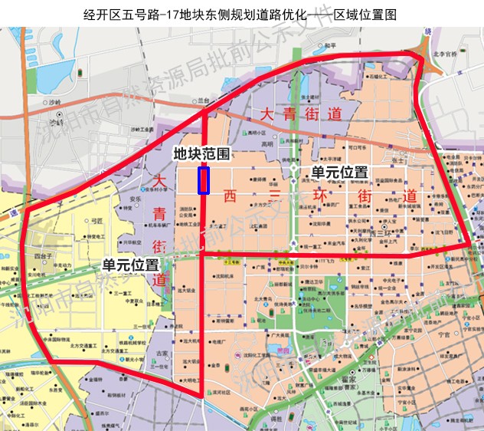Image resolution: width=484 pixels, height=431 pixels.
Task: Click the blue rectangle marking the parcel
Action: [204, 180]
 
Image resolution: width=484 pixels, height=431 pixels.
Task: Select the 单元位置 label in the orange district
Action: [339, 173]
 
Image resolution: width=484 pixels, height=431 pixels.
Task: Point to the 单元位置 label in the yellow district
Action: [131, 264]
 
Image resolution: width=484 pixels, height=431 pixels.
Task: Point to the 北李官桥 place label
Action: [445, 54]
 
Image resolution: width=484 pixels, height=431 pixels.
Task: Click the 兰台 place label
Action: [203, 100]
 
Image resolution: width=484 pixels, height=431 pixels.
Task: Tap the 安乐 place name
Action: [135, 199]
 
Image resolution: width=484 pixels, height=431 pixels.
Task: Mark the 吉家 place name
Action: [162, 354]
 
